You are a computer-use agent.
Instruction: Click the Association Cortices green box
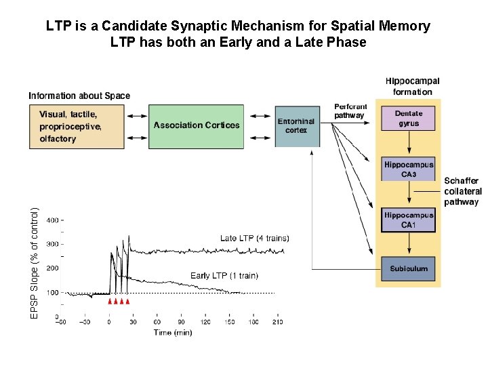[196, 126]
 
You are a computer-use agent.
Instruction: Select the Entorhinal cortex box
[296, 126]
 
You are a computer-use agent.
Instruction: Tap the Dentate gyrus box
[408, 119]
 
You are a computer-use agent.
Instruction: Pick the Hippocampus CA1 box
[408, 220]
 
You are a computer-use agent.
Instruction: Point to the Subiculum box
[408, 269]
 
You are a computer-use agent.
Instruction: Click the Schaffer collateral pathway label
[462, 191]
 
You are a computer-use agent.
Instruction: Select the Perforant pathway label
[350, 111]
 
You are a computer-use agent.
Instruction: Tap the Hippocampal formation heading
[412, 87]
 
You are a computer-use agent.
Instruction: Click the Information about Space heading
[79, 96]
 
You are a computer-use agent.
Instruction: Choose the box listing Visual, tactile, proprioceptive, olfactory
[77, 126]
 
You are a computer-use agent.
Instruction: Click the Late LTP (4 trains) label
[254, 238]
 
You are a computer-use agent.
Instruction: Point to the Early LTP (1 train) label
[224, 276]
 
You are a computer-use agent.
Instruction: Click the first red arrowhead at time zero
[110, 301]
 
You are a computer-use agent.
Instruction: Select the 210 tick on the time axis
[277, 322]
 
